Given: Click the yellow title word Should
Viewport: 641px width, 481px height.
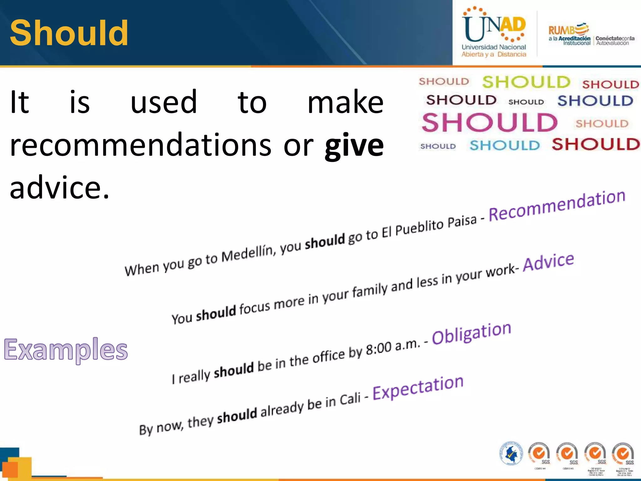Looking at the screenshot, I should click(69, 33).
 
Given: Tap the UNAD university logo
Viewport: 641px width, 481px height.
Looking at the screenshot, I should click(494, 32).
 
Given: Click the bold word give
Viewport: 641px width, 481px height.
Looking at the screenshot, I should click(354, 146).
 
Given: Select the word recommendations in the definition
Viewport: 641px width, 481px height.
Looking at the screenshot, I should click(141, 145).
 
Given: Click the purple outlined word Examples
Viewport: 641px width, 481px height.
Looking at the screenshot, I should click(66, 350).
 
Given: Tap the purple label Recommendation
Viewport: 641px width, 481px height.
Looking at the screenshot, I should click(557, 206).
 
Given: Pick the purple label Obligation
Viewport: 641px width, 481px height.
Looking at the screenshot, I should click(471, 333).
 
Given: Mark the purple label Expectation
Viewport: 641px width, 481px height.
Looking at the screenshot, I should click(418, 388).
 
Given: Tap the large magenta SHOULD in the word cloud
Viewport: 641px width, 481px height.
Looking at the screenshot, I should click(490, 122).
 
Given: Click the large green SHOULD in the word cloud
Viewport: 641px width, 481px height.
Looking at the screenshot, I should click(526, 82).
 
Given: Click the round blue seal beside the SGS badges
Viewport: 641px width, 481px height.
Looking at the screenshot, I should click(511, 453).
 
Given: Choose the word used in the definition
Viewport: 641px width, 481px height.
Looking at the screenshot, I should click(164, 102).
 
